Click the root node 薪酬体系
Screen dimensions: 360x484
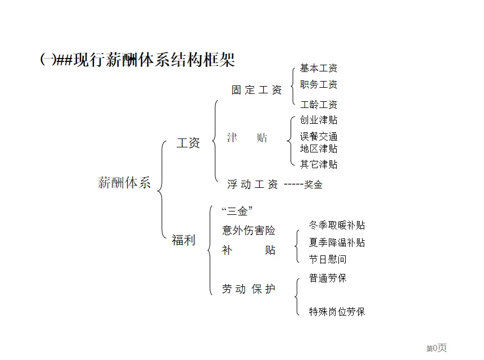pos(124,183)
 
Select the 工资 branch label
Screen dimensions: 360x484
pos(188,143)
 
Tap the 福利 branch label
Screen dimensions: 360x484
pos(183,241)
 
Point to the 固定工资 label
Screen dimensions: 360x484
pos(256,90)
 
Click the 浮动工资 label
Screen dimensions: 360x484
pos(252,184)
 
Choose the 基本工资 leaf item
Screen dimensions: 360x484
pos(319,69)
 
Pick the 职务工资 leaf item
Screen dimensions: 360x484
pos(319,85)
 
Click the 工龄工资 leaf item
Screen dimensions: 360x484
pos(319,105)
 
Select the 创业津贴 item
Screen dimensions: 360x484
pos(319,120)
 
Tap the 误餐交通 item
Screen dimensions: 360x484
pos(319,137)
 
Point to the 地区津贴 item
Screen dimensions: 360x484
pos(319,148)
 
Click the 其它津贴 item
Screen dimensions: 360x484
pos(319,164)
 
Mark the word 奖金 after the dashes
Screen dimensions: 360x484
pos(313,184)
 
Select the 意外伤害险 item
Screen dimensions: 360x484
pos(249,230)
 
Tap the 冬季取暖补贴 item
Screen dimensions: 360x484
pos(337,225)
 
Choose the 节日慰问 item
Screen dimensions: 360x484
pos(328,259)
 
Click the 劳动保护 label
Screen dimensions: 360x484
pos(249,289)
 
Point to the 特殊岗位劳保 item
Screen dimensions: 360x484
pos(337,312)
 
